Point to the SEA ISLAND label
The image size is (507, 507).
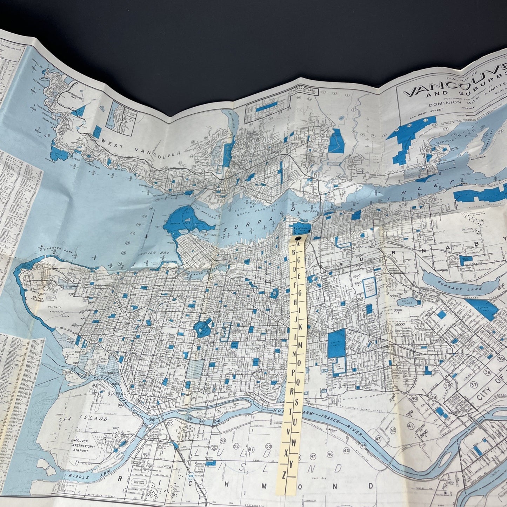[83, 419]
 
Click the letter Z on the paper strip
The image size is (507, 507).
[283, 476]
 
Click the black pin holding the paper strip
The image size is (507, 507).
[297, 239]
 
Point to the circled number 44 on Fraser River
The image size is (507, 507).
[363, 445]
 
